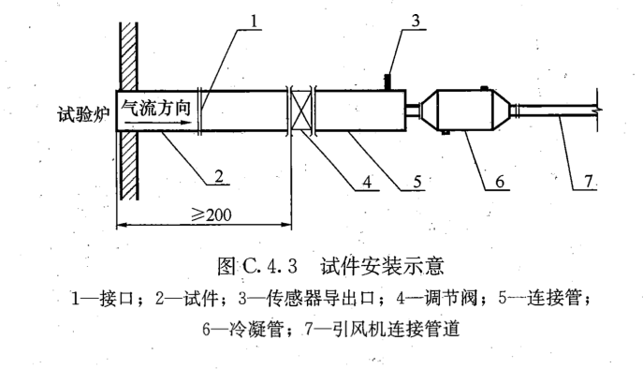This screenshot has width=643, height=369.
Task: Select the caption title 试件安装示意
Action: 387,265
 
